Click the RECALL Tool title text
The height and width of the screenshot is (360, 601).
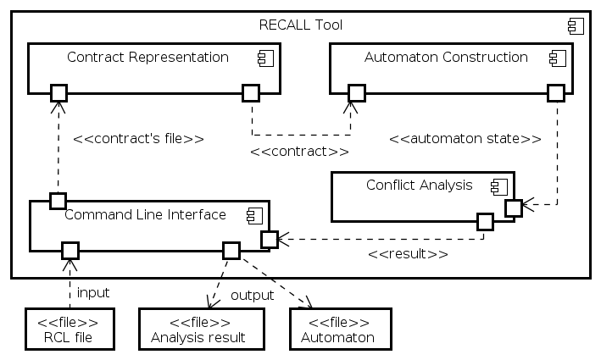(299, 25)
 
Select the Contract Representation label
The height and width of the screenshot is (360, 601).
(147, 58)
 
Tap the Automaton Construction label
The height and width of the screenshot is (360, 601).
(446, 58)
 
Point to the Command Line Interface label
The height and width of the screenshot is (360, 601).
(145, 214)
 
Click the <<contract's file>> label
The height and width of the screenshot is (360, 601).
(138, 138)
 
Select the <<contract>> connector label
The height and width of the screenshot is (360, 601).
(299, 152)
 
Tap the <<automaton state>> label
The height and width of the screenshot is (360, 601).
(465, 138)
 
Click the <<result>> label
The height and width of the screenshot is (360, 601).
(408, 253)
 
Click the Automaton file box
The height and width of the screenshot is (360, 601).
(340, 330)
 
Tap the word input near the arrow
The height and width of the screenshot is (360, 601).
(93, 293)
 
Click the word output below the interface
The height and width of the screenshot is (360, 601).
(252, 296)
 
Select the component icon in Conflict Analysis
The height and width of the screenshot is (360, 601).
(498, 186)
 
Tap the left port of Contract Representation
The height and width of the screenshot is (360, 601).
(58, 91)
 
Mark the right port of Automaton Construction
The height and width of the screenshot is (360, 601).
(556, 91)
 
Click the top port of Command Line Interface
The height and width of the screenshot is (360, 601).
(58, 201)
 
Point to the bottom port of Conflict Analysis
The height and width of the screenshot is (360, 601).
(484, 222)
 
